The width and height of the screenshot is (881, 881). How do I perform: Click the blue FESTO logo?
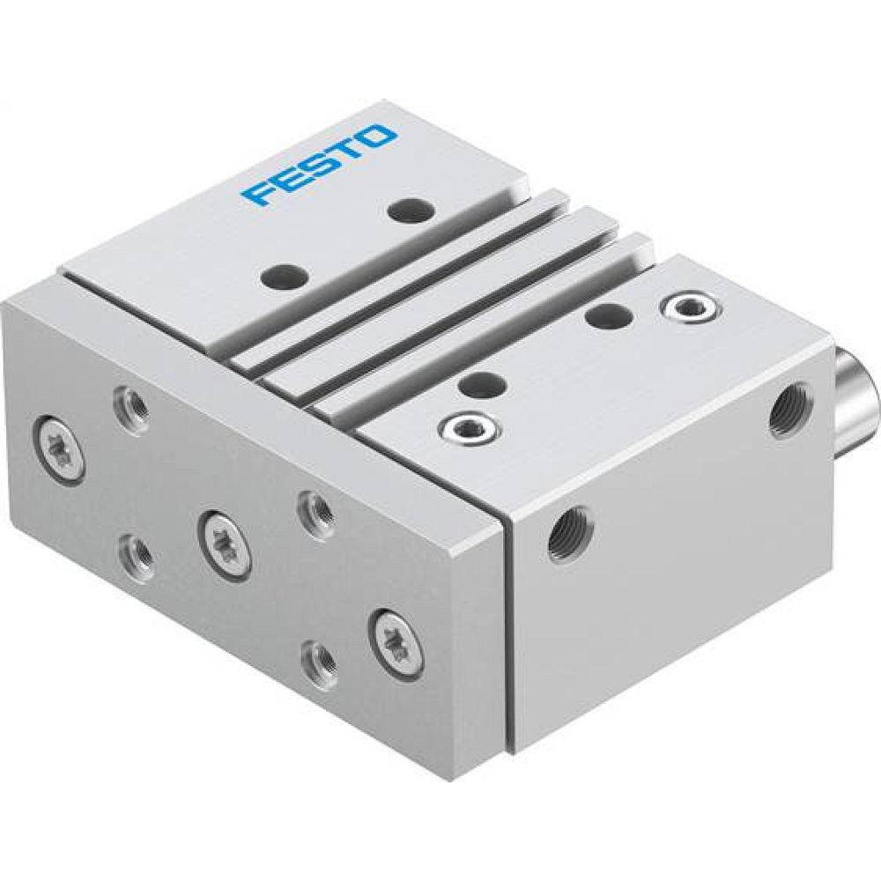(321, 164)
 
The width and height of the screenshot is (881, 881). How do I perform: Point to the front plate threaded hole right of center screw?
(315, 511)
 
